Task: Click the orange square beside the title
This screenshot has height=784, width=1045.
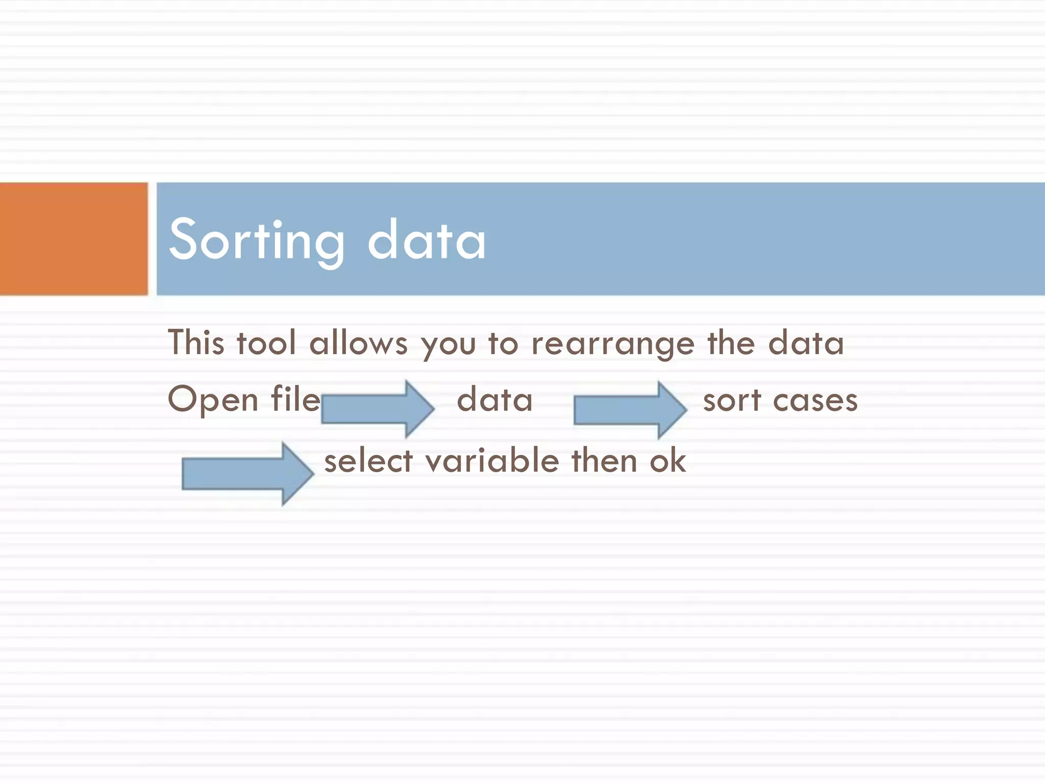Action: pyautogui.click(x=73, y=238)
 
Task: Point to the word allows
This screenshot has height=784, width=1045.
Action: pyautogui.click(x=358, y=343)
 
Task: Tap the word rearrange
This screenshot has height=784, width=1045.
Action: pyautogui.click(x=613, y=345)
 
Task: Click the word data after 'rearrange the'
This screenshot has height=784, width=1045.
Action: pyautogui.click(x=806, y=343)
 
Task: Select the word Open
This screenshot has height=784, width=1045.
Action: pyautogui.click(x=213, y=400)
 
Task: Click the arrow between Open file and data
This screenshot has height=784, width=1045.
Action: pyautogui.click(x=378, y=409)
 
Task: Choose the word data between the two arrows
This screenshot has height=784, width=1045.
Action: pyautogui.click(x=494, y=400)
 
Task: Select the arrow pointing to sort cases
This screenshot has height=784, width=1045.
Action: pyautogui.click(x=630, y=410)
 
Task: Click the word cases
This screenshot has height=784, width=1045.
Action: pyautogui.click(x=815, y=401)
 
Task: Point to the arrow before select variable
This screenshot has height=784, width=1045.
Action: pyautogui.click(x=247, y=474)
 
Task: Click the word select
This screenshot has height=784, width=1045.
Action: pyautogui.click(x=368, y=461)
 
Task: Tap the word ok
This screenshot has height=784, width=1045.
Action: pyautogui.click(x=667, y=461)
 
